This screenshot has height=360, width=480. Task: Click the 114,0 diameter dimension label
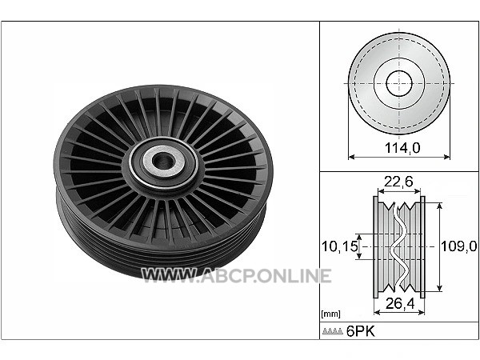[402, 148]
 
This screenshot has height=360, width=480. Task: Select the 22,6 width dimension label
[398, 182]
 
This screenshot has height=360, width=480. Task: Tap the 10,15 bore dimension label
[339, 246]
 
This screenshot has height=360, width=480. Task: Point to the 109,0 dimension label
[459, 246]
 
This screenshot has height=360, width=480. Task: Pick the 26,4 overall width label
[400, 303]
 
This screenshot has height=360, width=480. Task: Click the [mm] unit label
[330, 314]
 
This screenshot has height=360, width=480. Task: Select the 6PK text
[360, 331]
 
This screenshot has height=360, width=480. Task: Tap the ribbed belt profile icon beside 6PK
[333, 331]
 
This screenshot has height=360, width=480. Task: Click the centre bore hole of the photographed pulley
[163, 161]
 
